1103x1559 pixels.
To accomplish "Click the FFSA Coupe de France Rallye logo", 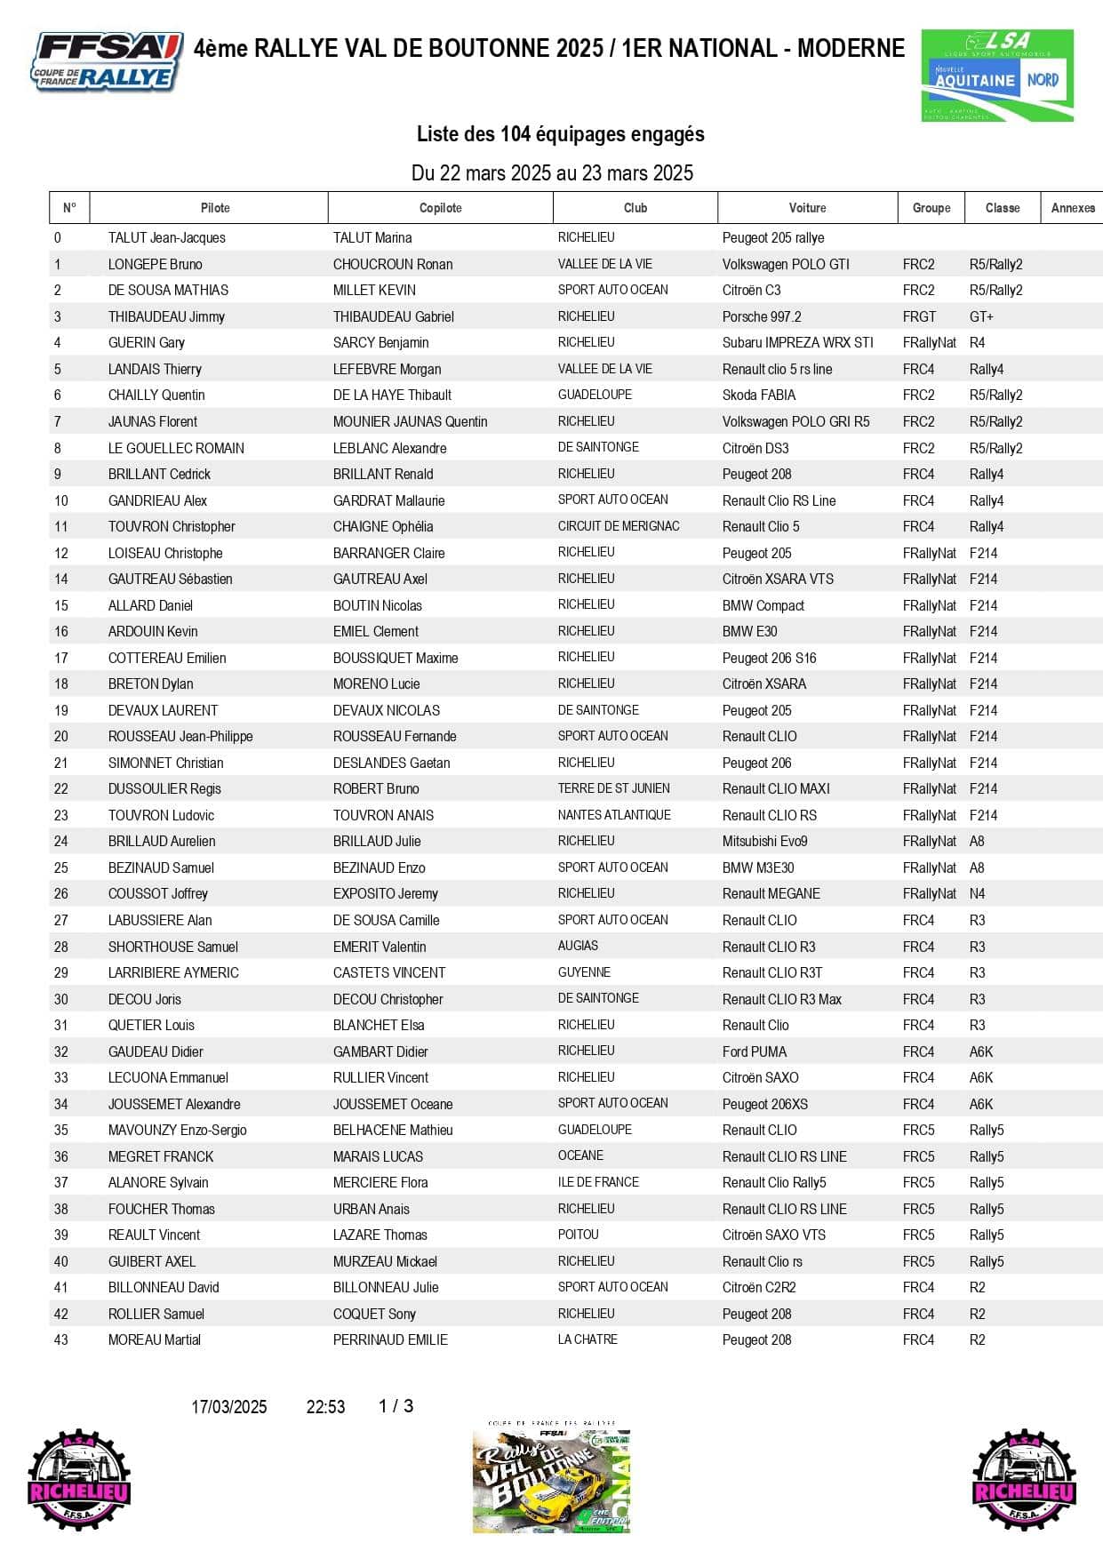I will coord(108,62).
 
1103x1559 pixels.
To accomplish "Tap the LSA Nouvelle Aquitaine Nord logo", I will coord(997,76).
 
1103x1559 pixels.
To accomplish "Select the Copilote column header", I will coord(441,208).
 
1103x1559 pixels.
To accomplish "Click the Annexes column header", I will coord(1073,208).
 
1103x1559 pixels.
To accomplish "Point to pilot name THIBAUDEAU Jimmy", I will coord(166,316).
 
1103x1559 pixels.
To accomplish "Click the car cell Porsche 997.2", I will coord(762,316).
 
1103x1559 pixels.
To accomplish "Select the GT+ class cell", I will coord(981,316).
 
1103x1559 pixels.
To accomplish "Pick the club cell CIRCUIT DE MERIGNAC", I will coord(619,526).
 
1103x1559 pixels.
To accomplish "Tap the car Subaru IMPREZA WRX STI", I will coord(797,342).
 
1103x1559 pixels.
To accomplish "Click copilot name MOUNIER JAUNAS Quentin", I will coord(410,421).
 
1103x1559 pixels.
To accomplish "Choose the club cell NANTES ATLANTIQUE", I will coord(614,815).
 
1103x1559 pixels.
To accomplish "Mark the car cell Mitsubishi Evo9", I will coord(764,841).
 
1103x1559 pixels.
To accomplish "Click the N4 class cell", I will coord(977,893).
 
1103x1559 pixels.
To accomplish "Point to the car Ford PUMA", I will coord(755,1051).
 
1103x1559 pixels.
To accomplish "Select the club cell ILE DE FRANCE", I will coord(598,1182).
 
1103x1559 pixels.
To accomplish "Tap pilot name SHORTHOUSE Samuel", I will coord(173,947).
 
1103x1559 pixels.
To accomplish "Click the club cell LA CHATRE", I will coord(587,1339).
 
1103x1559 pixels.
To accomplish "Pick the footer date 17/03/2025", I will coord(229,1407).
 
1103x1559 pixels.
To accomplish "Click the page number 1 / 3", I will coord(396,1406).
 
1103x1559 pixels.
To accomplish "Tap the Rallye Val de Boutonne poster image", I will coord(551,1480).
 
